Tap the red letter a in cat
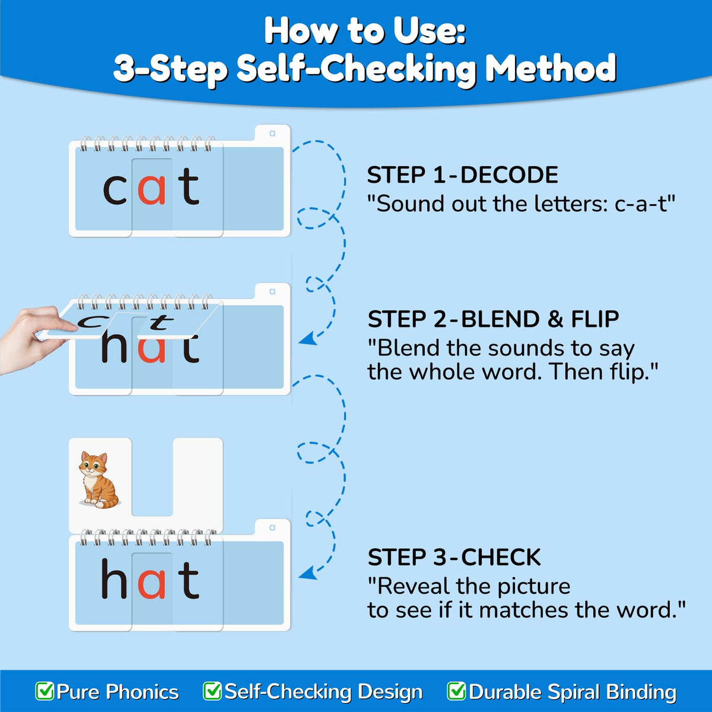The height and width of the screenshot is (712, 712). [151, 189]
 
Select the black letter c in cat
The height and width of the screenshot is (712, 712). [115, 189]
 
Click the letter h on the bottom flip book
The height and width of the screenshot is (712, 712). [114, 578]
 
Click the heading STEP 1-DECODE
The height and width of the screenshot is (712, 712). [462, 175]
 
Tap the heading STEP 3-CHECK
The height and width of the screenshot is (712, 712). [454, 557]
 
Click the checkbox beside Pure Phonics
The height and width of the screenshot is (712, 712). [44, 691]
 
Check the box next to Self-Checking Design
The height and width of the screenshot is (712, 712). [212, 691]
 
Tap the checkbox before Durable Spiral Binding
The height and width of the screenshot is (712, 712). [456, 691]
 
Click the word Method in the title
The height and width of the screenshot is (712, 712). [551, 68]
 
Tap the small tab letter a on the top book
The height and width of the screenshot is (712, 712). [272, 133]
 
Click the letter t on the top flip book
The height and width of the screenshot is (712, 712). [189, 186]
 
